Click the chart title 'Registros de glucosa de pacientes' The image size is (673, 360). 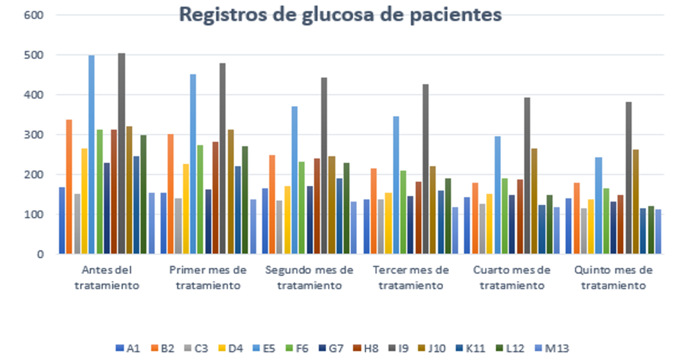point(341,15)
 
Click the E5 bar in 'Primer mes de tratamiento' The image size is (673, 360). point(193,164)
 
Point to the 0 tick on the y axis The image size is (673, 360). point(40,254)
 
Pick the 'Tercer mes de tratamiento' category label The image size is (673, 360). point(411,278)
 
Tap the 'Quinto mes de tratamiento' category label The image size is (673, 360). point(613,278)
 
